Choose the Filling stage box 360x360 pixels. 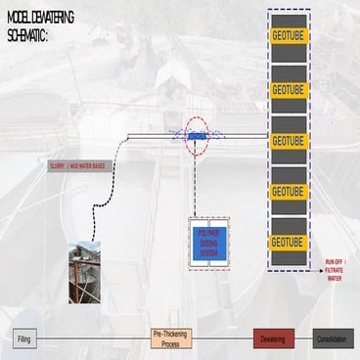click(25, 338)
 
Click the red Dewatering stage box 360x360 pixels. click(273, 338)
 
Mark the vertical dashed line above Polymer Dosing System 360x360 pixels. click(198, 186)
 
